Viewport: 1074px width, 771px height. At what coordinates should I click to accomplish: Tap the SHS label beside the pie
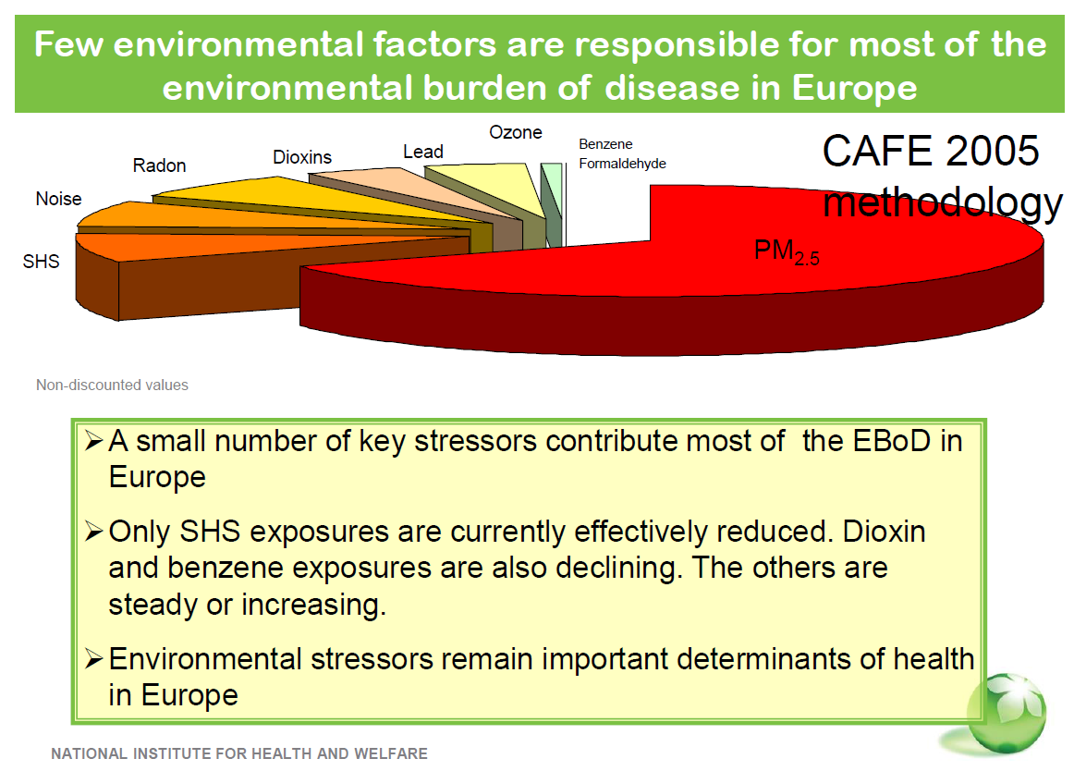coord(41,261)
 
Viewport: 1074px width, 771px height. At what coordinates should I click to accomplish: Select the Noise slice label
coord(58,199)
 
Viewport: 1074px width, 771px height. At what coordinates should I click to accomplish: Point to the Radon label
coord(159,165)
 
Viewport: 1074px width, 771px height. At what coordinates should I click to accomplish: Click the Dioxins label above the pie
coord(302,157)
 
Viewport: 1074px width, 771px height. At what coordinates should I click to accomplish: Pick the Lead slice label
coord(422,152)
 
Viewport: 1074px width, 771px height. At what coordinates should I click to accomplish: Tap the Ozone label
coord(515,132)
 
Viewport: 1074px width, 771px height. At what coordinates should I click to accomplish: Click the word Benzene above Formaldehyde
coord(605,144)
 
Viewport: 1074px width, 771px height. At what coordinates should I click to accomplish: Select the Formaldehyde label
coord(622,163)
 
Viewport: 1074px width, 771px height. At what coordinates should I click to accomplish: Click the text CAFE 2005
coord(930,151)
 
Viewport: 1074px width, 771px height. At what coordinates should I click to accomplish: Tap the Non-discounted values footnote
coord(113,385)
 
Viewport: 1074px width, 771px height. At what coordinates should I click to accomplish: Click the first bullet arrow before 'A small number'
coord(94,440)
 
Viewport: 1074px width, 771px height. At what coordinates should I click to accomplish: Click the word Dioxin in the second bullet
coord(884,532)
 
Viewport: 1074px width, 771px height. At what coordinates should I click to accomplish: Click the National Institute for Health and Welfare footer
coord(239,753)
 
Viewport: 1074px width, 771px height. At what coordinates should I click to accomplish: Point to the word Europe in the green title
coord(854,89)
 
